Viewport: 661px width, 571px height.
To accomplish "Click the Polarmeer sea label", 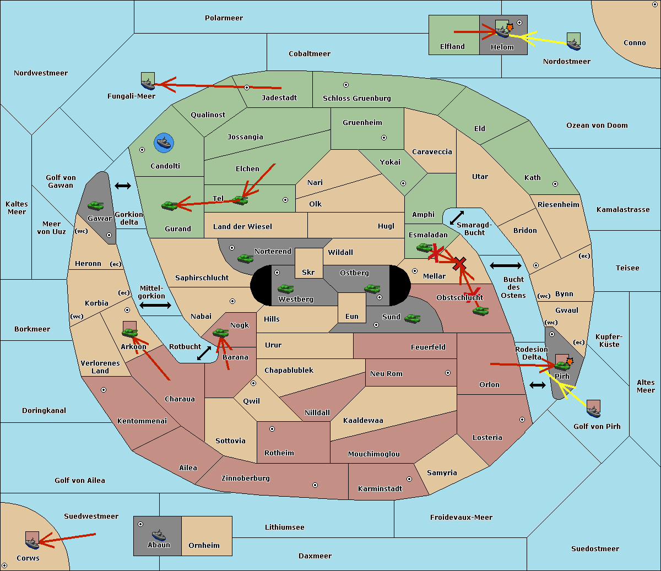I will pyautogui.click(x=224, y=18).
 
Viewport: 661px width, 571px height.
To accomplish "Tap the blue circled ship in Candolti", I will pyautogui.click(x=164, y=143).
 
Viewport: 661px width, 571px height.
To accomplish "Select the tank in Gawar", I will pyautogui.click(x=95, y=205).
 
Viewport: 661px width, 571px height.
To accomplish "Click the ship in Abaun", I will pyautogui.click(x=159, y=534).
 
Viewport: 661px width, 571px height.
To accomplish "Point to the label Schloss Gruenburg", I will pyautogui.click(x=356, y=99).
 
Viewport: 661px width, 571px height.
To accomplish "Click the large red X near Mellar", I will pyautogui.click(x=459, y=264).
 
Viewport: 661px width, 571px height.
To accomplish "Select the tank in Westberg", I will pyautogui.click(x=285, y=289).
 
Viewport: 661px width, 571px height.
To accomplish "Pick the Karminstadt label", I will pyautogui.click(x=380, y=489).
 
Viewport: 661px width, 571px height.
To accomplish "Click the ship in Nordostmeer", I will pyautogui.click(x=573, y=41).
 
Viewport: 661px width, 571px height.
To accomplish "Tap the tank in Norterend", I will pyautogui.click(x=245, y=258).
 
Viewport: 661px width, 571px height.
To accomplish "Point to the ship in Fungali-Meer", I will pyautogui.click(x=148, y=82).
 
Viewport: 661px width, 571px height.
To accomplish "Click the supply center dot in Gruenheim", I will pyautogui.click(x=384, y=138).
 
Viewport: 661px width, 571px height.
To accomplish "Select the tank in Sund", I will pyautogui.click(x=412, y=318).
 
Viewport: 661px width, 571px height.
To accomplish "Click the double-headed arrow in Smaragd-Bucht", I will pyautogui.click(x=457, y=217).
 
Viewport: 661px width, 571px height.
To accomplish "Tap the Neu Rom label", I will pyautogui.click(x=386, y=374).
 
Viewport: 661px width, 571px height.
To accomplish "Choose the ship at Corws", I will pyautogui.click(x=32, y=541).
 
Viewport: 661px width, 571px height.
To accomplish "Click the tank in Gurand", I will pyautogui.click(x=169, y=205).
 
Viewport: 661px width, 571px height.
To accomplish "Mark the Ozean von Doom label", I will pyautogui.click(x=597, y=126).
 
